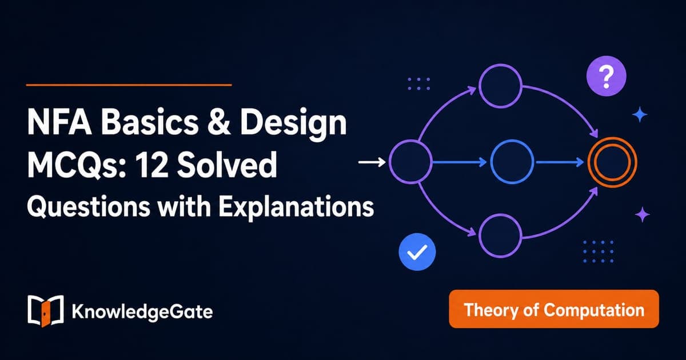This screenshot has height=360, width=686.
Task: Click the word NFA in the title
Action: click(x=59, y=122)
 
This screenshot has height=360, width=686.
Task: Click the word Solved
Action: click(x=228, y=165)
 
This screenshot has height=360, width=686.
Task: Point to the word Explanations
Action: click(x=296, y=207)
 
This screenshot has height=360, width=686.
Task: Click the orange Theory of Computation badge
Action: click(x=554, y=309)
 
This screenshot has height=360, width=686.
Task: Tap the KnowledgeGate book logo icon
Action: click(x=46, y=311)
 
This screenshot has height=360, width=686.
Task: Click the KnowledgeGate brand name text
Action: click(x=142, y=312)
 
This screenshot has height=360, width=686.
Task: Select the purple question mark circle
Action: click(x=606, y=76)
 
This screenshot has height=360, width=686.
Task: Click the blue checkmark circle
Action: click(x=417, y=252)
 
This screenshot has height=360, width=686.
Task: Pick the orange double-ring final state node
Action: click(x=612, y=162)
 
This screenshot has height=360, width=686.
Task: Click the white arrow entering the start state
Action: click(x=372, y=162)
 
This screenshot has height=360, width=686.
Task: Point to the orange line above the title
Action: click(x=129, y=85)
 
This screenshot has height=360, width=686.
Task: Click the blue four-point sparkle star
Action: click(x=640, y=115)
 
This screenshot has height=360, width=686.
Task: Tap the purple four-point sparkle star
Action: click(x=642, y=215)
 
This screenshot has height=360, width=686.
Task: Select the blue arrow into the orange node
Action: click(x=560, y=162)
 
